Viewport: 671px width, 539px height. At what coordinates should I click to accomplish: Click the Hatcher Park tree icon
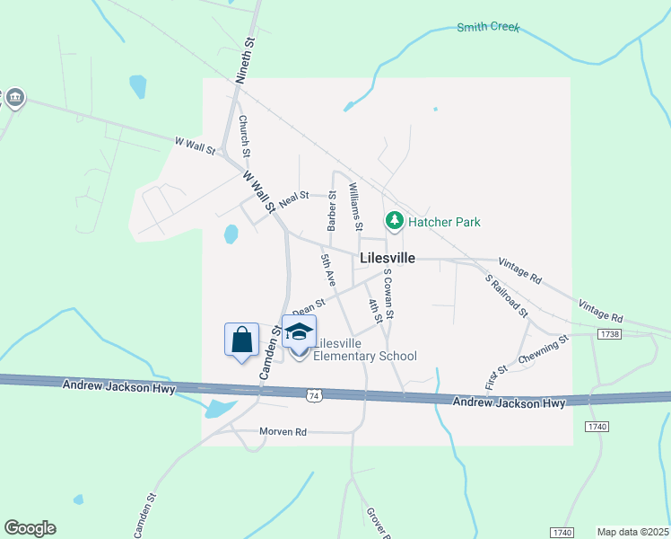[393, 221]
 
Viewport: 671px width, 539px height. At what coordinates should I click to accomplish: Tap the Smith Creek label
[489, 27]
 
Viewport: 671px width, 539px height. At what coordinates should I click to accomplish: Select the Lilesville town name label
[387, 258]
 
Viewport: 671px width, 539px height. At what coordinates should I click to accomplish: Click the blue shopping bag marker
[241, 340]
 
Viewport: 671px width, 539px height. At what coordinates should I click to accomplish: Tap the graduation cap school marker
[299, 331]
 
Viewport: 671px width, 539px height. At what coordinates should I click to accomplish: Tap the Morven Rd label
[283, 432]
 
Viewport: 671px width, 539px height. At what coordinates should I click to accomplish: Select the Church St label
[243, 137]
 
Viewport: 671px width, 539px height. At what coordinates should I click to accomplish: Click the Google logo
[30, 528]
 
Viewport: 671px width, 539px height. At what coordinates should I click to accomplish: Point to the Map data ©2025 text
[632, 532]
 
